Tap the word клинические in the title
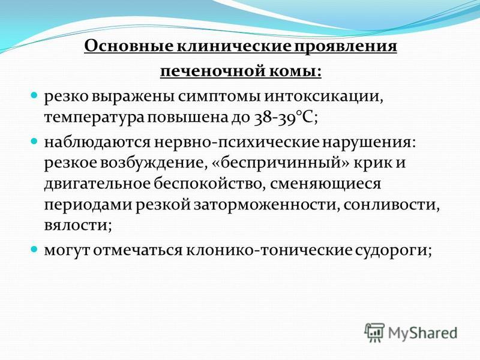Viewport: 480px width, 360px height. [x=233, y=46]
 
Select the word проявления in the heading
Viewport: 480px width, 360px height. [x=346, y=47]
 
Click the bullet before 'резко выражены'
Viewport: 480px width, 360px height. [x=35, y=95]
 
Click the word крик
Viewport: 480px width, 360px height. [x=373, y=163]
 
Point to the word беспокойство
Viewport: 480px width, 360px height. [x=208, y=184]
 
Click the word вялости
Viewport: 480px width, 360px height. [x=78, y=226]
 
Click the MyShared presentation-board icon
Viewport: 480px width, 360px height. [x=374, y=332]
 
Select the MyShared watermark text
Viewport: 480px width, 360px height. [x=423, y=333]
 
